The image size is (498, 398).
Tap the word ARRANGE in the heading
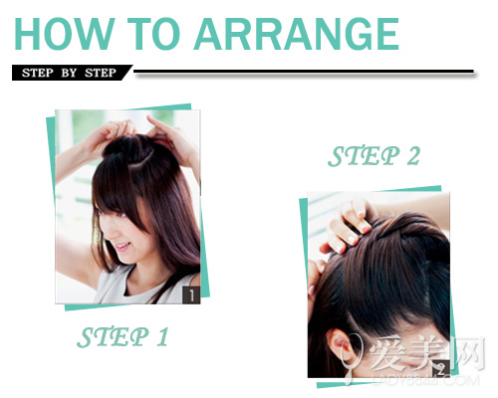pyautogui.click(x=297, y=34)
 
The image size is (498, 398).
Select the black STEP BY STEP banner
pyautogui.click(x=72, y=73)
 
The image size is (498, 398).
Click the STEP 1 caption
pyautogui.click(x=123, y=337)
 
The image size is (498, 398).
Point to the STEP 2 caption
pyautogui.click(x=373, y=156)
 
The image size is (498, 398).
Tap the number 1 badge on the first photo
pyautogui.click(x=191, y=295)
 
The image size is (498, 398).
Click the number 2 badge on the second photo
pyautogui.click(x=441, y=369)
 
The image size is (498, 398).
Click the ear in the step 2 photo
pyautogui.click(x=339, y=346)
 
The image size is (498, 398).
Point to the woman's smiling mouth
pyautogui.click(x=123, y=247)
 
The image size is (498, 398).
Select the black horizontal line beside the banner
pyautogui.click(x=304, y=72)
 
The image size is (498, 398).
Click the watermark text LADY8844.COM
pyautogui.click(x=425, y=380)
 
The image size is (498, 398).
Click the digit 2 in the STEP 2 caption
pyautogui.click(x=413, y=156)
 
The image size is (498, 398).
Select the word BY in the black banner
pyautogui.click(x=69, y=73)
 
